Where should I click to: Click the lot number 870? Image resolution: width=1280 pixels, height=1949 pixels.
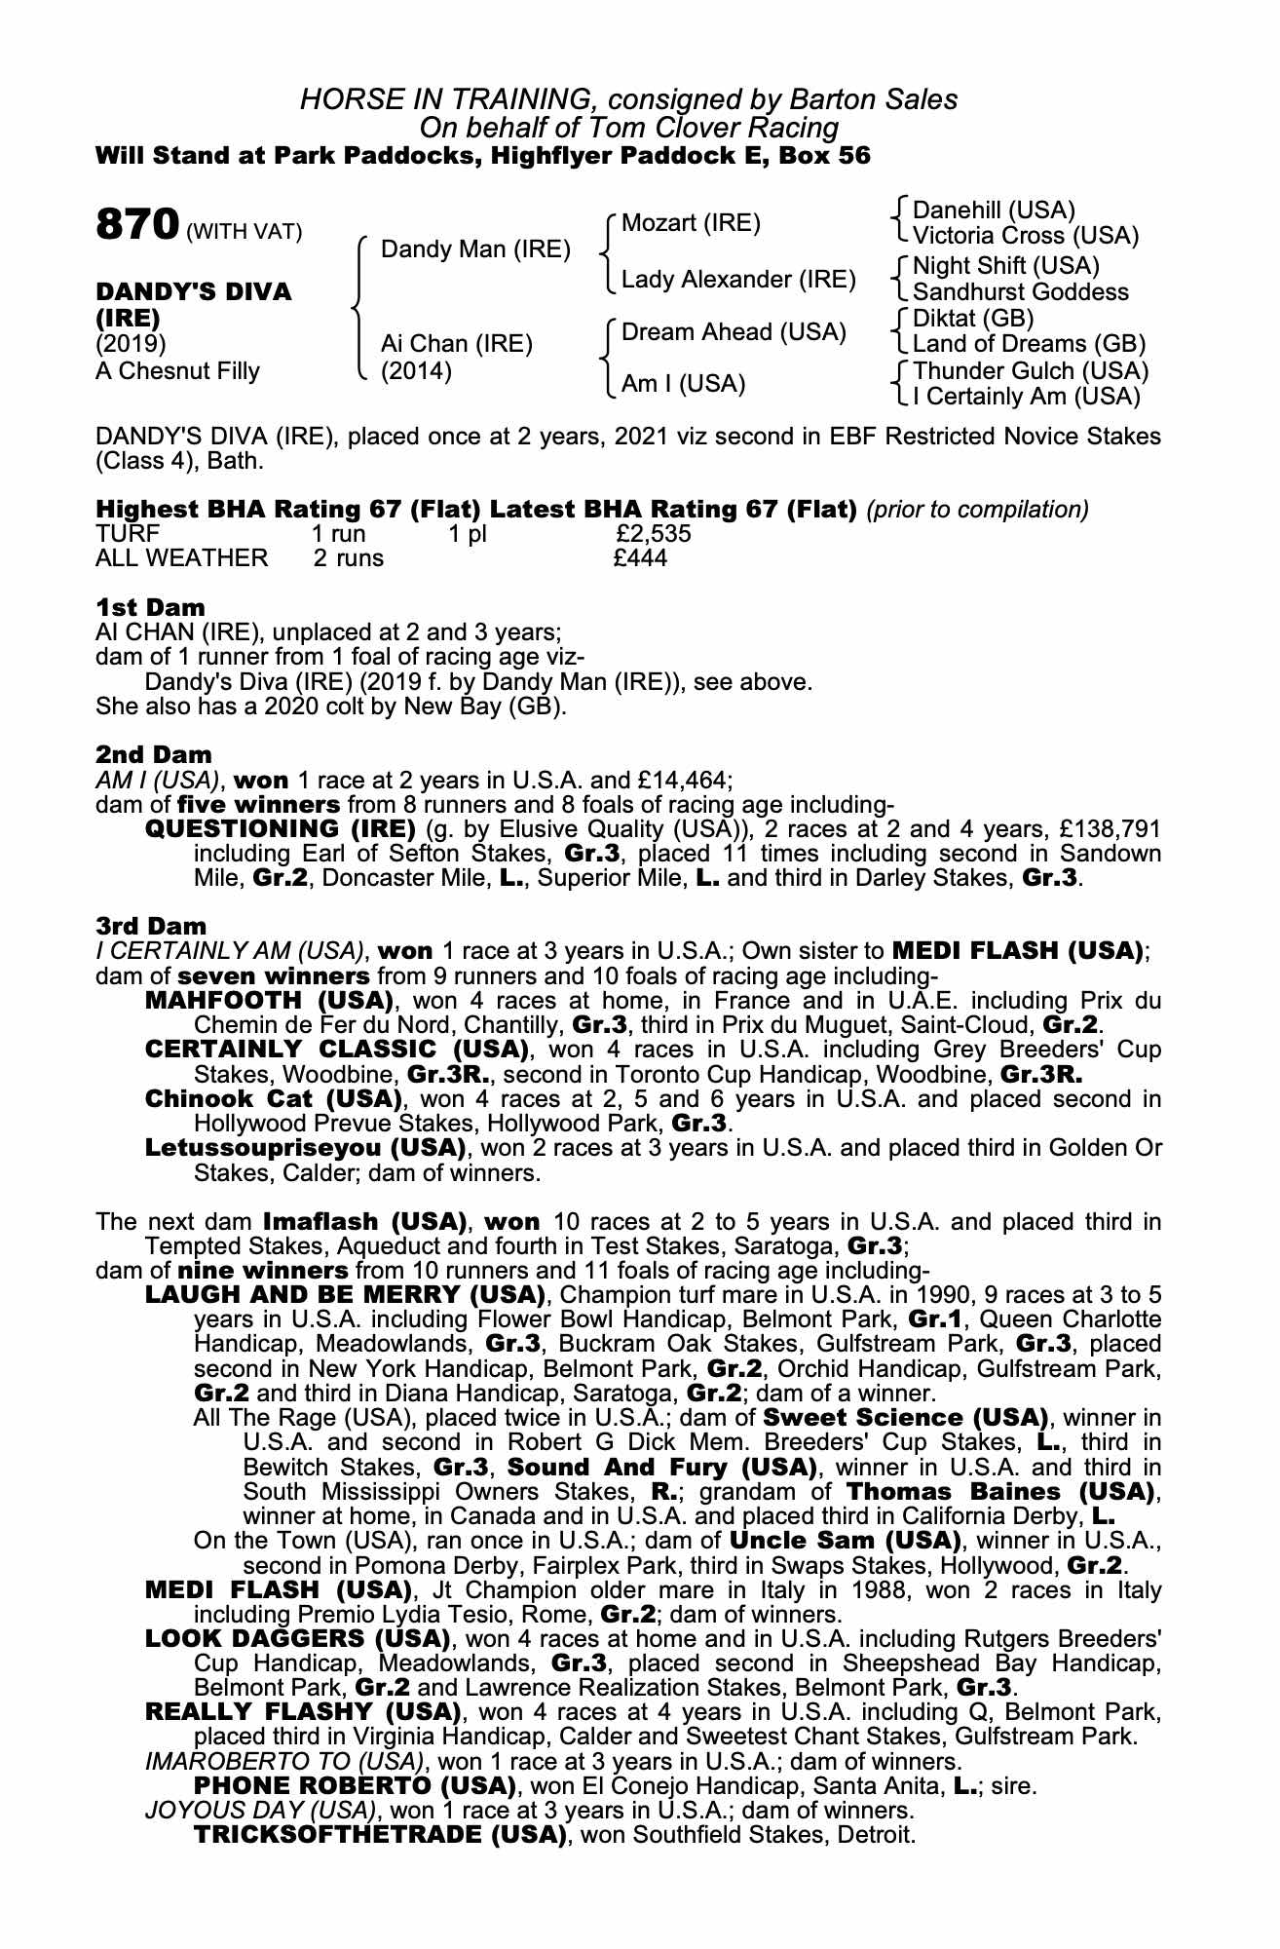pyautogui.click(x=136, y=225)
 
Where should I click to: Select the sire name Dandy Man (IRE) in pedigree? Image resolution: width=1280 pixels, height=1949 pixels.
pyautogui.click(x=475, y=249)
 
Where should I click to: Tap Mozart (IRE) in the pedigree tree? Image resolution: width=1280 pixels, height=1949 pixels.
pyautogui.click(x=691, y=223)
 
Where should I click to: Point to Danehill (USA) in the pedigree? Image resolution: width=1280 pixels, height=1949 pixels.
pyautogui.click(x=994, y=210)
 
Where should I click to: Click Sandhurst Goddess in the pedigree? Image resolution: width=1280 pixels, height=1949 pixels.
pyautogui.click(x=1021, y=292)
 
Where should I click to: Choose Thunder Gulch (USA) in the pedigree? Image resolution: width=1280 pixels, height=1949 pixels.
pyautogui.click(x=1031, y=371)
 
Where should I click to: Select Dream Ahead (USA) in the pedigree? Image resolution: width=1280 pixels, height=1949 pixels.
pyautogui.click(x=734, y=332)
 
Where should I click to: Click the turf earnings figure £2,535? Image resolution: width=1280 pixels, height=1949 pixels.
pyautogui.click(x=654, y=534)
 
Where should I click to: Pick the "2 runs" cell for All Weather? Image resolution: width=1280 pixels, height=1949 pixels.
pyautogui.click(x=348, y=558)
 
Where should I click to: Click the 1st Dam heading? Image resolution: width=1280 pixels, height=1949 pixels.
pyautogui.click(x=150, y=608)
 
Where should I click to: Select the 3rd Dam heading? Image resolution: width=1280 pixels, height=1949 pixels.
pyautogui.click(x=151, y=926)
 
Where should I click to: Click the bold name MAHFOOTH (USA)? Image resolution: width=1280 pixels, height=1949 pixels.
pyautogui.click(x=269, y=1001)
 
